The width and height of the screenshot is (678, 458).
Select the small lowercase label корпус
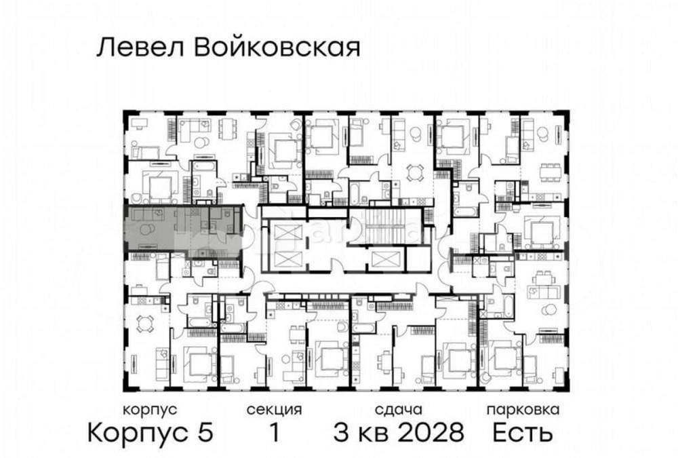pyautogui.click(x=151, y=410)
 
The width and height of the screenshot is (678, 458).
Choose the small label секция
pyautogui.click(x=274, y=410)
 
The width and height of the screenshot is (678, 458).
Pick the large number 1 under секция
pyautogui.click(x=275, y=432)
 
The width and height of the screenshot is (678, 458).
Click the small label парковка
pyautogui.click(x=523, y=410)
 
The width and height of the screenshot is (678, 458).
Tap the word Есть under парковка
pyautogui.click(x=523, y=432)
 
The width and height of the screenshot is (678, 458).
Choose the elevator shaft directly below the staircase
pyautogui.click(x=381, y=259)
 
